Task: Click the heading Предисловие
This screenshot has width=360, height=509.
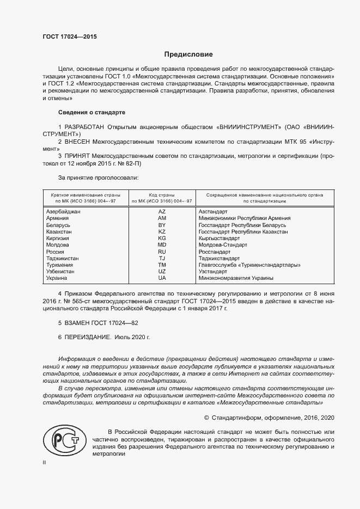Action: coord(189,54)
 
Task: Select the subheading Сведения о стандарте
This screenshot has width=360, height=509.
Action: coord(91,112)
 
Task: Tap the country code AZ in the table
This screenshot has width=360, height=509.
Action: coord(162,211)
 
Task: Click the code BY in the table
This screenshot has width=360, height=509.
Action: coord(162,224)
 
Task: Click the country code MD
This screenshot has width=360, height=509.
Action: coord(162,245)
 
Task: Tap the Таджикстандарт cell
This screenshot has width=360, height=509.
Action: coord(221,258)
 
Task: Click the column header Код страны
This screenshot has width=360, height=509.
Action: coord(162,194)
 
